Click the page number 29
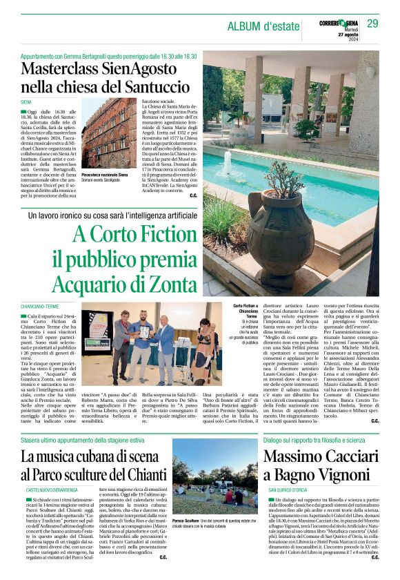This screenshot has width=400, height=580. (x=372, y=24)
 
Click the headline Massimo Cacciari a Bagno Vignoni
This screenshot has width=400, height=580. (x=321, y=465)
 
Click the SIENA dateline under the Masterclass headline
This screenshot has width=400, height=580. (x=27, y=102)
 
